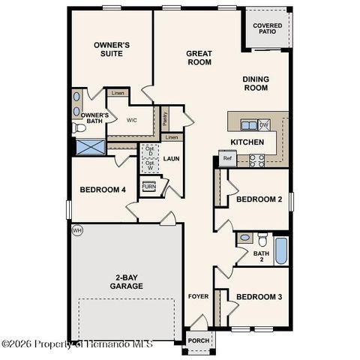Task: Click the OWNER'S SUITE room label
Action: click(112, 49)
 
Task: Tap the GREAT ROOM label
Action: click(199, 58)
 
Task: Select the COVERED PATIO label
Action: click(267, 28)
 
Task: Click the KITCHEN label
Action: click(247, 142)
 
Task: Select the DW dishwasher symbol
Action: click(264, 124)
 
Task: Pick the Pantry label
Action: click(164, 118)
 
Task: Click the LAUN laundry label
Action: click(171, 159)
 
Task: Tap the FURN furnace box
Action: click(149, 187)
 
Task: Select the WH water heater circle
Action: click(76, 230)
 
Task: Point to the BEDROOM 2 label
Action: click(259, 199)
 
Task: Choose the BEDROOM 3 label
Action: click(259, 297)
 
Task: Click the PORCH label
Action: click(199, 341)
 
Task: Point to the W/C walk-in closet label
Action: click(131, 120)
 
